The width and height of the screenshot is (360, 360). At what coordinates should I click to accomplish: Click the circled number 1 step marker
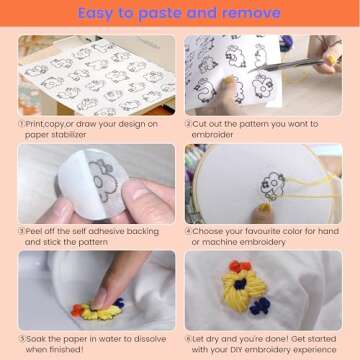22,124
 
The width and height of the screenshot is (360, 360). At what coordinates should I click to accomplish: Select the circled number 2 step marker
188,124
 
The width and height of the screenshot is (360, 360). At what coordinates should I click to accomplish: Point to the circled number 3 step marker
22,230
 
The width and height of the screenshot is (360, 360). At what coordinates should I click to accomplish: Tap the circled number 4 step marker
188,230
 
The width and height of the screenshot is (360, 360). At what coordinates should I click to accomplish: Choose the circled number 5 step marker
22,337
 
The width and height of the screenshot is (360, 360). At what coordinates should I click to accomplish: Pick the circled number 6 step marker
188,337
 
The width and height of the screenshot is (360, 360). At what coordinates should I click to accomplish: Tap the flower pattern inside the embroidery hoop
272,184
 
